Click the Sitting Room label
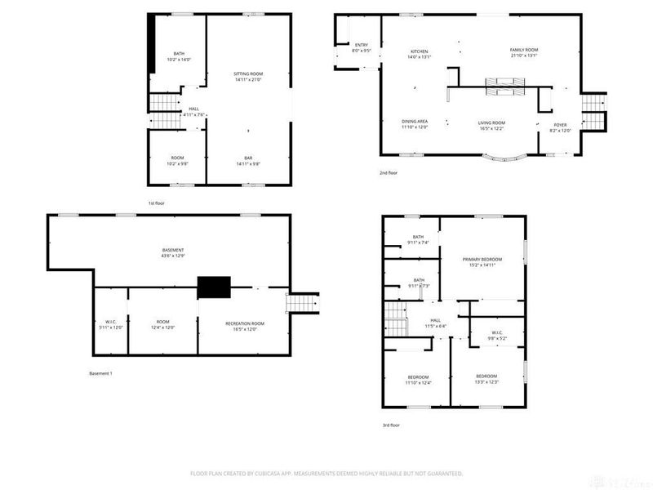(x=248, y=73)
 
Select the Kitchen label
(x=418, y=51)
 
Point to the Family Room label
(x=524, y=51)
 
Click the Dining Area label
(x=415, y=122)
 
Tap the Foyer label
(x=560, y=125)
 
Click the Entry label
(x=362, y=45)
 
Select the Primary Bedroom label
(x=482, y=259)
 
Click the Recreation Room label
(x=245, y=323)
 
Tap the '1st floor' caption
(x=155, y=203)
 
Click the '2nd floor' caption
(x=389, y=173)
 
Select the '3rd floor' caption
(x=391, y=425)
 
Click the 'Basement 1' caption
(x=100, y=373)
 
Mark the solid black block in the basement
(x=214, y=287)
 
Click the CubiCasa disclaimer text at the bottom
(x=326, y=473)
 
